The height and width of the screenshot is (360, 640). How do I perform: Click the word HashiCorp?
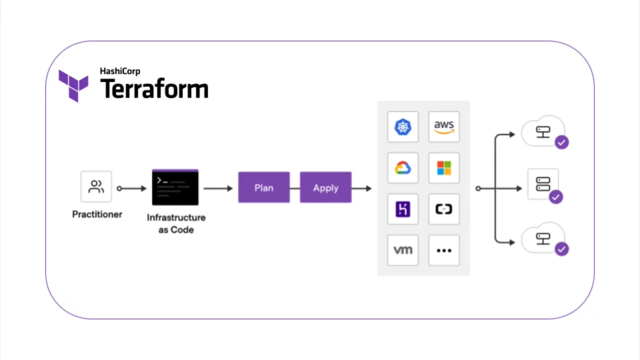pos(120,71)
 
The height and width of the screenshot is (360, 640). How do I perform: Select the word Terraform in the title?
pos(154,89)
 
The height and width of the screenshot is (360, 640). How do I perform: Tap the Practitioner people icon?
pos(97,187)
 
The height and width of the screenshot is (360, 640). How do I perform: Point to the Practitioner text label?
pos(97,215)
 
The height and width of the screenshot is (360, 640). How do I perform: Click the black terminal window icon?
pos(175,187)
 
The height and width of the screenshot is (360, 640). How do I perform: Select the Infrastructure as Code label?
pos(176,223)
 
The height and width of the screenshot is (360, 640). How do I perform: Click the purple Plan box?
pos(264,188)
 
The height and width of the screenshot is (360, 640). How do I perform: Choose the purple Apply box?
pos(325,188)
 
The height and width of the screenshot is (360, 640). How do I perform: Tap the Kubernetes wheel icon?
pos(403,127)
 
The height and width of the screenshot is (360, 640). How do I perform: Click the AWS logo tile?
pos(444,127)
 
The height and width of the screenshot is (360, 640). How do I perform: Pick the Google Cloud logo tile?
pos(403,168)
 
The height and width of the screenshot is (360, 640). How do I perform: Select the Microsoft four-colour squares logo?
pos(444,168)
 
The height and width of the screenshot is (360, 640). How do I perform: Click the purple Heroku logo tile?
pos(403,209)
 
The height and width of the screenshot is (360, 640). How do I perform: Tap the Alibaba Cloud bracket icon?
pos(444,209)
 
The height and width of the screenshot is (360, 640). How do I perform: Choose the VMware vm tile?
pos(403,251)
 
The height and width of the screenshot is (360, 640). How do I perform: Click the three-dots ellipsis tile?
pos(444,251)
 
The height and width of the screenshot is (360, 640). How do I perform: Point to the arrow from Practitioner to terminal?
pos(132,189)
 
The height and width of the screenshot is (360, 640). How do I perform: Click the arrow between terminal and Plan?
pos(218,189)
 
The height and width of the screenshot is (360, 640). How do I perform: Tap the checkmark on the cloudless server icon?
pos(555,197)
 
